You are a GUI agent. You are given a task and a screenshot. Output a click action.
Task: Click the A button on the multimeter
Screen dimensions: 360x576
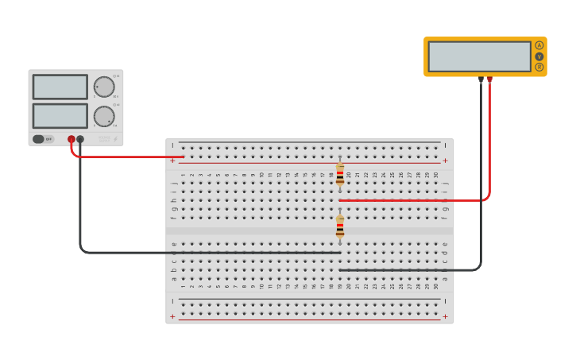pyautogui.click(x=539, y=45)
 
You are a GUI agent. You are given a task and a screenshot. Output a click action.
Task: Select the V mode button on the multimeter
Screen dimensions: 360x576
pyautogui.click(x=539, y=56)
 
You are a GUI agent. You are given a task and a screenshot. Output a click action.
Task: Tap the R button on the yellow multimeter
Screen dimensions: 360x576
pyautogui.click(x=539, y=68)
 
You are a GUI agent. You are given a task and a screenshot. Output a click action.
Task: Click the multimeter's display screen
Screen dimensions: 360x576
pyautogui.click(x=479, y=56)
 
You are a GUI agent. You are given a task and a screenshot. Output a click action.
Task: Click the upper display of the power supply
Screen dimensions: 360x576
pyautogui.click(x=60, y=87)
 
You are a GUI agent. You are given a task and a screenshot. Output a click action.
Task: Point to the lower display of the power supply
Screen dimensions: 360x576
pyautogui.click(x=60, y=115)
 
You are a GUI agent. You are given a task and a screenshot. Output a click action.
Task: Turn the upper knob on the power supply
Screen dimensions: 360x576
pyautogui.click(x=104, y=87)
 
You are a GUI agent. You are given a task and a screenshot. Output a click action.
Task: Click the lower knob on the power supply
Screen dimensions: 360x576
pyautogui.click(x=104, y=116)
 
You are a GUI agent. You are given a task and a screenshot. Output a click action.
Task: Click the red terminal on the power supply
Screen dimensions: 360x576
pyautogui.click(x=72, y=139)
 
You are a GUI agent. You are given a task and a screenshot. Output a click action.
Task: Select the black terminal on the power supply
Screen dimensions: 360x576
pyautogui.click(x=80, y=139)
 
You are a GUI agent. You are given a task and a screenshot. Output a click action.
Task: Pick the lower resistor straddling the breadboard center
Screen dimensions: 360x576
pyautogui.click(x=340, y=227)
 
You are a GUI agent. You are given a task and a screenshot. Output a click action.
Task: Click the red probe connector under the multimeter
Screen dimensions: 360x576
pyautogui.click(x=490, y=79)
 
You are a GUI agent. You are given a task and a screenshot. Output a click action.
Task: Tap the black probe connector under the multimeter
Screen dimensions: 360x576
pyautogui.click(x=481, y=79)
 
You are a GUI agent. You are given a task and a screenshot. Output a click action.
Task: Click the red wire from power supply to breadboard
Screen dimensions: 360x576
pyautogui.click(x=127, y=157)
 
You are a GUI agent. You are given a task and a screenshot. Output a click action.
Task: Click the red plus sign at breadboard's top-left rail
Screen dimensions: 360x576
pyautogui.click(x=172, y=161)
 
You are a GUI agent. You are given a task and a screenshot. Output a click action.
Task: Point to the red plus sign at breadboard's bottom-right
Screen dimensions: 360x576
pyautogui.click(x=445, y=316)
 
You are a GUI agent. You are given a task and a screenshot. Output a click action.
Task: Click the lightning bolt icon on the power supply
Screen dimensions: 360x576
pyautogui.click(x=116, y=139)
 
